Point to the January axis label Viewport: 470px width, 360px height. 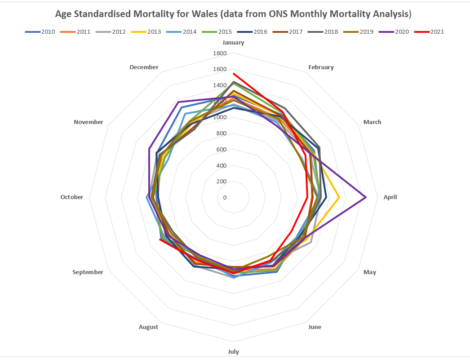(233, 43)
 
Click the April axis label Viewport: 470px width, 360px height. (390, 197)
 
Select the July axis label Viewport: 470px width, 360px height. (233, 351)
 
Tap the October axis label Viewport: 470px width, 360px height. (72, 197)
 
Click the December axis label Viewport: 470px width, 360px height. (144, 67)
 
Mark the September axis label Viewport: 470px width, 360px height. (88, 272)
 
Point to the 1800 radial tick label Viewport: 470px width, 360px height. (219, 53)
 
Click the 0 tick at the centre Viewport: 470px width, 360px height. (225, 197)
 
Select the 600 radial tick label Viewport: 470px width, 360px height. (221, 150)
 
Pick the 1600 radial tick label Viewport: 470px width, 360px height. (219, 70)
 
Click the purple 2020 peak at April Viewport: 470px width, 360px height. (366, 197)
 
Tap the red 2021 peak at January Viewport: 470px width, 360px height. (233, 73)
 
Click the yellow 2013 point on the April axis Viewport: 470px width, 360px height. (339, 197)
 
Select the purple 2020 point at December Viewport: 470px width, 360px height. (179, 102)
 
